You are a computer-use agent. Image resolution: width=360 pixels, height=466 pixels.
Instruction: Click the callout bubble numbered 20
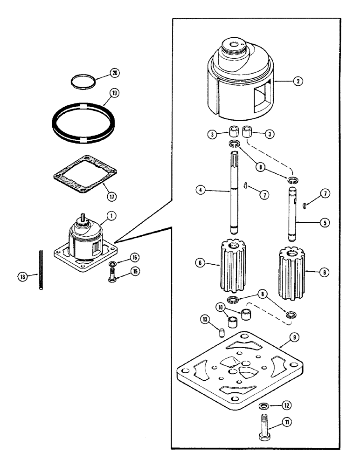tap(114, 73)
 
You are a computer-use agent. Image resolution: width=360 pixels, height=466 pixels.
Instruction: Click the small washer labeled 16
tap(113, 265)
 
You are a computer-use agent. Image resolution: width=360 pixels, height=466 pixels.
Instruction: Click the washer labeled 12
tap(263, 406)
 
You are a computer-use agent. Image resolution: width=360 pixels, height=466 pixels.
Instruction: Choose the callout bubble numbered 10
tap(220, 307)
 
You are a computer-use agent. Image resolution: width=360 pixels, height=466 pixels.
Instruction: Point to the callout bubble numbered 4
tap(200, 191)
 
